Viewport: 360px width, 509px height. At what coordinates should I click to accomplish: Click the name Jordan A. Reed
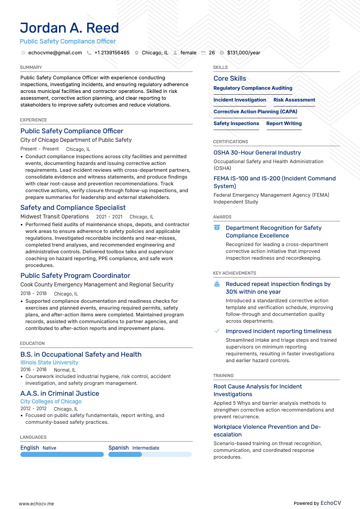(69, 28)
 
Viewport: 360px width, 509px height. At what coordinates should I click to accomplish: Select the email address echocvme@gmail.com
(55, 53)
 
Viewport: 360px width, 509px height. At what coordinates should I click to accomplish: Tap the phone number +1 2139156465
(112, 53)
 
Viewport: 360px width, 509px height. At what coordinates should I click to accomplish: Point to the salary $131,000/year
(243, 53)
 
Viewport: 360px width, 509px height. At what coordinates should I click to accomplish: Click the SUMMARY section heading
(31, 68)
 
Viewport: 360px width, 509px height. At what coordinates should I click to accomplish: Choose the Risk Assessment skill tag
(294, 100)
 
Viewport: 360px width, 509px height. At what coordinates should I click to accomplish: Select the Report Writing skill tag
(284, 123)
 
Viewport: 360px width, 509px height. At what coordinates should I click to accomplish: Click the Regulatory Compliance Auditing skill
(253, 88)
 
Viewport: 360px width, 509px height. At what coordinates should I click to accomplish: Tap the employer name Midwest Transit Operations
(54, 217)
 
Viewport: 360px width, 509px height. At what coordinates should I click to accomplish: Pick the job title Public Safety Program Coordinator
(75, 276)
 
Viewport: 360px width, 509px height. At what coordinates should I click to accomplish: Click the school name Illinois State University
(49, 363)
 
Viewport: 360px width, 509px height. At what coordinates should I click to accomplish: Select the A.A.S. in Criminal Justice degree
(60, 393)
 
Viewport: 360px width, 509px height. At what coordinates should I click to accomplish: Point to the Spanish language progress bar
(150, 454)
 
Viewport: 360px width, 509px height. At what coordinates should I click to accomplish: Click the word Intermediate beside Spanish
(146, 448)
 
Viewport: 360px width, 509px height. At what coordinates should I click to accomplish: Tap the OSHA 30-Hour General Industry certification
(257, 153)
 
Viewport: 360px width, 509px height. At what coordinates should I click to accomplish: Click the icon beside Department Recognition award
(217, 228)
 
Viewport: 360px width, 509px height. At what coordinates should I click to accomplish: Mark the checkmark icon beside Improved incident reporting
(217, 331)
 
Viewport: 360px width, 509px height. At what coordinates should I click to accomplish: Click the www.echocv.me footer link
(36, 490)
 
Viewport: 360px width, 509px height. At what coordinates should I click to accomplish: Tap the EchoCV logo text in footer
(331, 490)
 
